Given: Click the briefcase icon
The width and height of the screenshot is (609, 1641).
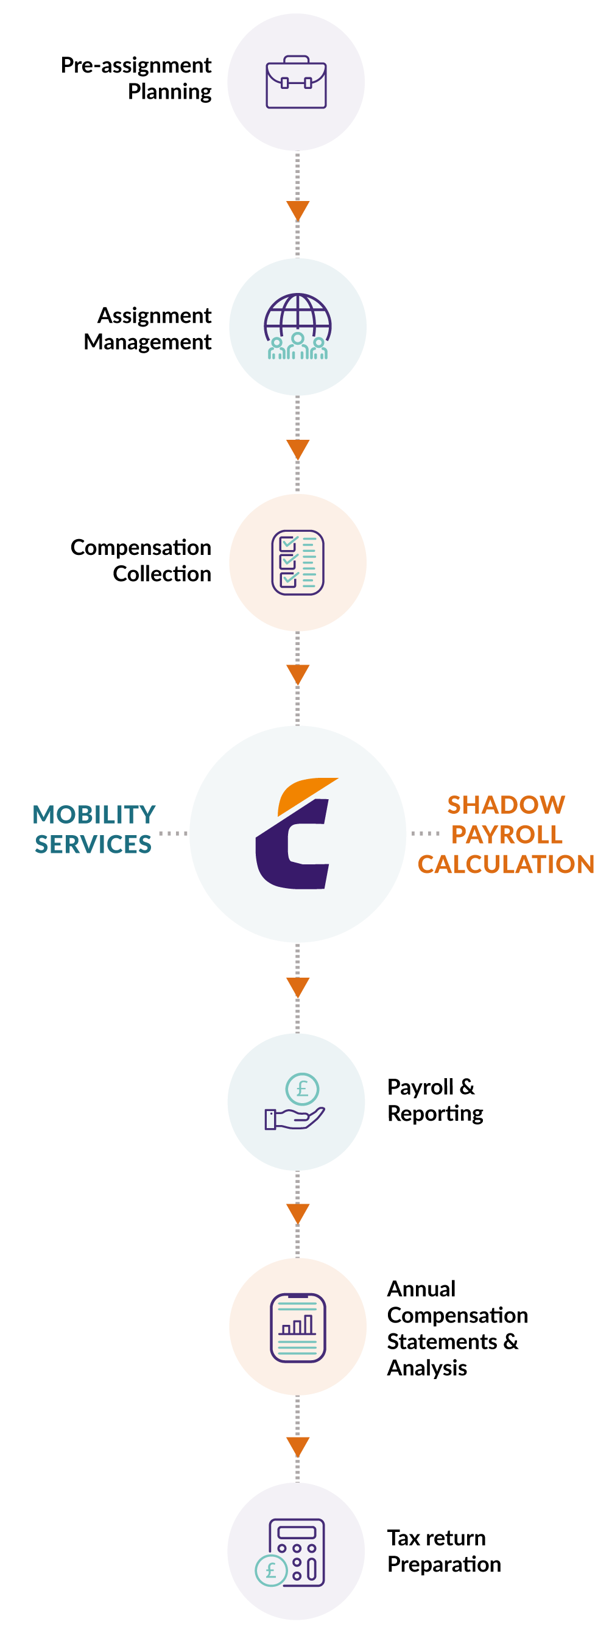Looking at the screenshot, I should pos(296,82).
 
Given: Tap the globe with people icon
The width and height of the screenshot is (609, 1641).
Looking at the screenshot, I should pos(297,326).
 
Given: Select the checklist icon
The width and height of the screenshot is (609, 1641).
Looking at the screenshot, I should pos(297,562).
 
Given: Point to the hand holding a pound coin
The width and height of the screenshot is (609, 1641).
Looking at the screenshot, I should pos(295,1103).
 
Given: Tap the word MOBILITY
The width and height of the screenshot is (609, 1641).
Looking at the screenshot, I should pos(94,815).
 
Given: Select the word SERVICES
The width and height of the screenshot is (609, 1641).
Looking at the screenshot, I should pos(93,845).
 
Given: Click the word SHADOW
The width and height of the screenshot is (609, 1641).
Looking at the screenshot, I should pos(506,805).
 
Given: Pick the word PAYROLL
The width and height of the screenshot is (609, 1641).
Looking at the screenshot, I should pos(507,835).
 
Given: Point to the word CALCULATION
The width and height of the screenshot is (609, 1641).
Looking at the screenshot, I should pos(506,864).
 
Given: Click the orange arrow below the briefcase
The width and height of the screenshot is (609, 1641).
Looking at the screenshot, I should pos(297,210).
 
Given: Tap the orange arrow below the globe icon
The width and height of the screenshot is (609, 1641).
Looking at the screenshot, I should pos(297,448).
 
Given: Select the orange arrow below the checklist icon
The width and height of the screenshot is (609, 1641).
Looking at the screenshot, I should pos(297,673).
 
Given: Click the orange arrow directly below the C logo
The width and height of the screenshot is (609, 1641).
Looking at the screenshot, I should pos(297,986).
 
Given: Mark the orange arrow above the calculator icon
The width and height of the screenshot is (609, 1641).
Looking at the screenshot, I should pos(297,1445).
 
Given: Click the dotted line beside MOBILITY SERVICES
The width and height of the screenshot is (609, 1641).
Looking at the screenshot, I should pos(172,833).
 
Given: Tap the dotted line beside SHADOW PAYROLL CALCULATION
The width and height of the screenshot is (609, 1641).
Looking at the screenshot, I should pos(425,833).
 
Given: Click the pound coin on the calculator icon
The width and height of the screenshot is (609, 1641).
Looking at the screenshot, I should pos(271,1571).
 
